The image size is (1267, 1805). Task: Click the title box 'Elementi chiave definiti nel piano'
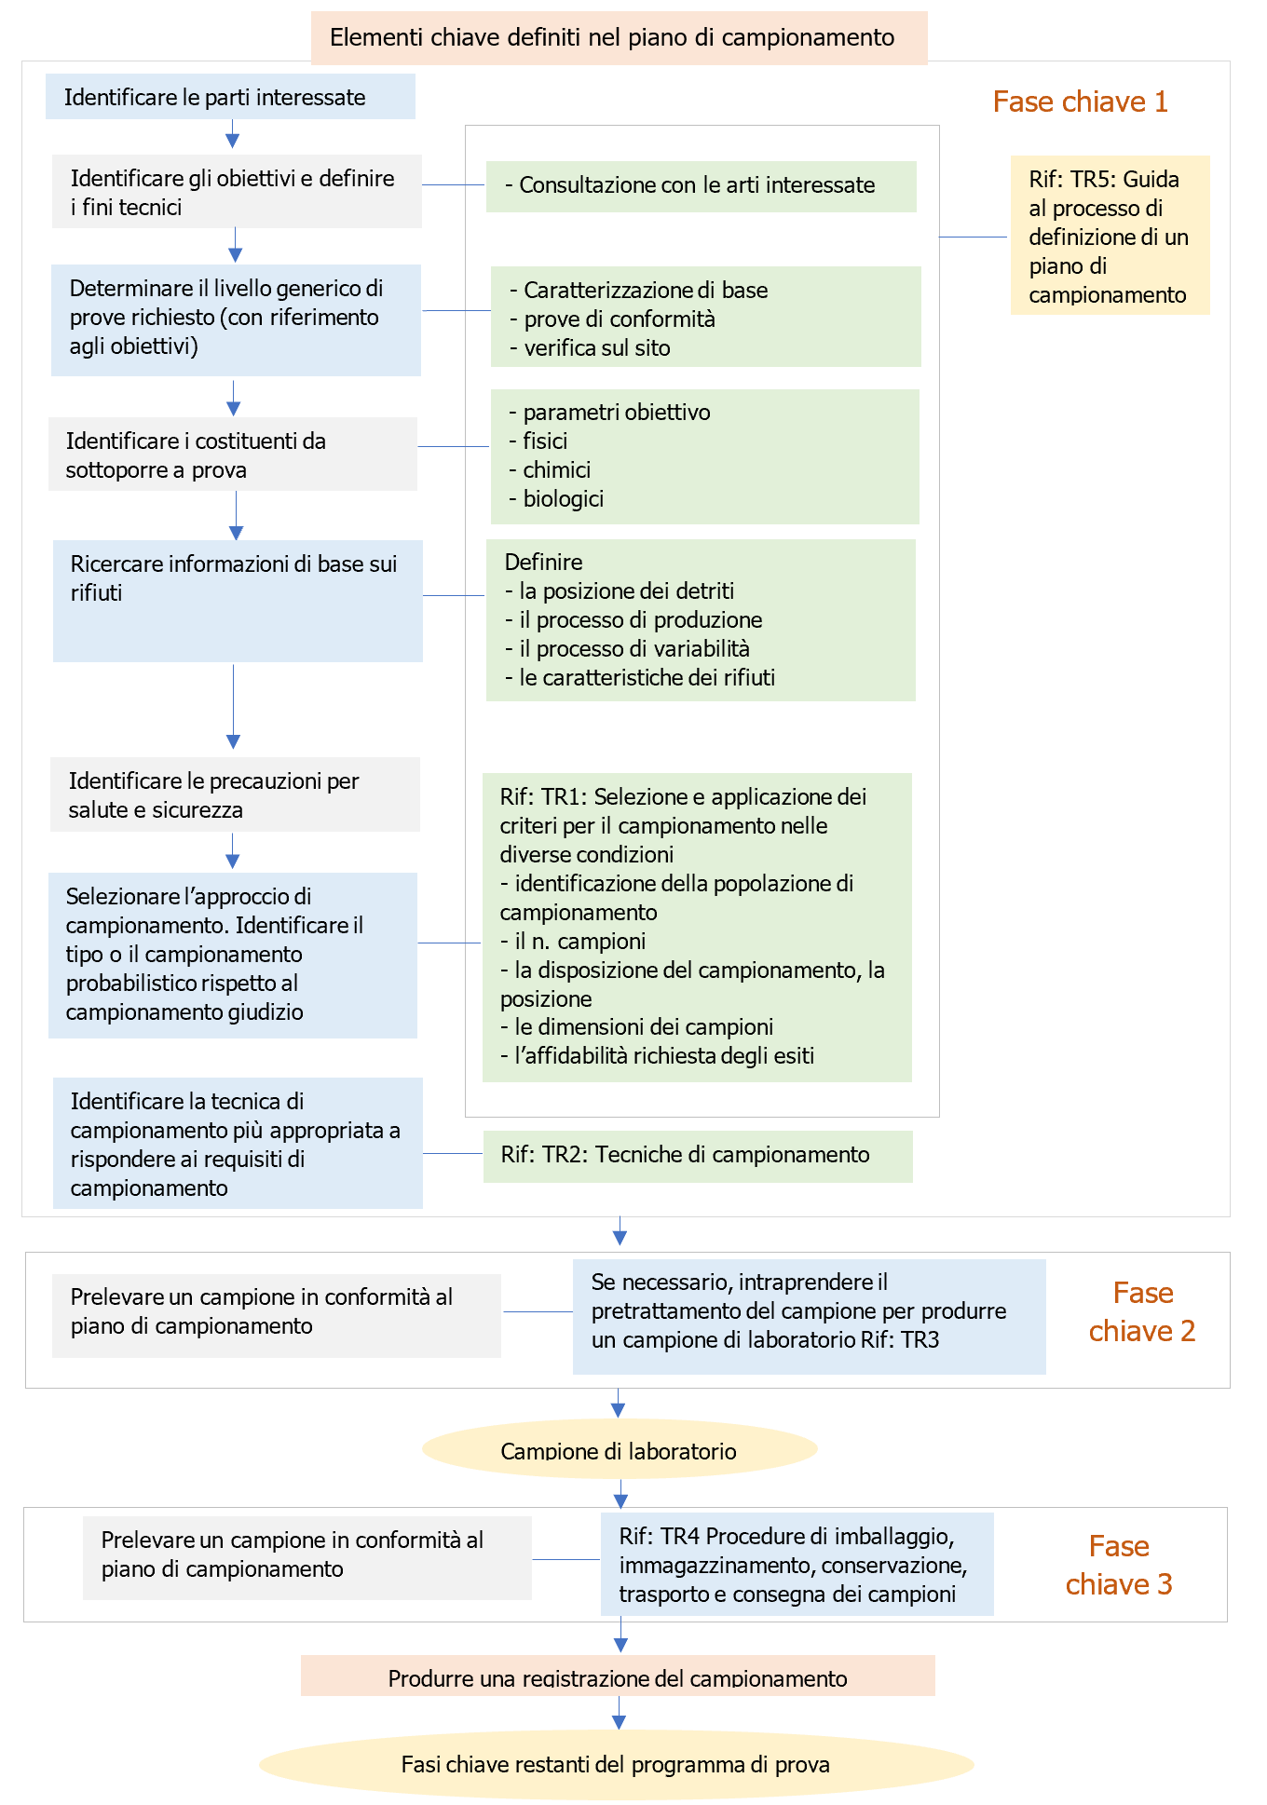(x=619, y=38)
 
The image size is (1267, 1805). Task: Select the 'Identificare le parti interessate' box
(x=230, y=97)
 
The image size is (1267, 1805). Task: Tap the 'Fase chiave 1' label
(x=1080, y=102)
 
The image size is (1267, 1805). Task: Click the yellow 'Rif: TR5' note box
(x=1110, y=236)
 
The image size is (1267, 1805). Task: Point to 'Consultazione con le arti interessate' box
(x=701, y=186)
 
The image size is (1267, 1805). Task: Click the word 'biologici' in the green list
(x=563, y=499)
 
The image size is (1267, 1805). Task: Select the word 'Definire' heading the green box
(x=543, y=563)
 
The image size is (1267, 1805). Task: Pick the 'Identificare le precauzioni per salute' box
(x=235, y=794)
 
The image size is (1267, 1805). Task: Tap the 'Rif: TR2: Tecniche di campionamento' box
(x=697, y=1156)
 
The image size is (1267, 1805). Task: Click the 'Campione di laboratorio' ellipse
(x=619, y=1449)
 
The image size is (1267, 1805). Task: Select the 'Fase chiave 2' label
(x=1142, y=1312)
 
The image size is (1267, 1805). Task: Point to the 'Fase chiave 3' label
(x=1119, y=1566)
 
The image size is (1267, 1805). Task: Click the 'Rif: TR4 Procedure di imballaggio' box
(x=797, y=1565)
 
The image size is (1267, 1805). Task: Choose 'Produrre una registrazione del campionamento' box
(x=618, y=1676)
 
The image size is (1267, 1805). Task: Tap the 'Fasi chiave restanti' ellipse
(x=616, y=1764)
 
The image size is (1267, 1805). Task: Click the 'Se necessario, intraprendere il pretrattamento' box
(x=809, y=1311)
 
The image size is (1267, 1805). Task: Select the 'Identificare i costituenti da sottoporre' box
(x=233, y=455)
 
